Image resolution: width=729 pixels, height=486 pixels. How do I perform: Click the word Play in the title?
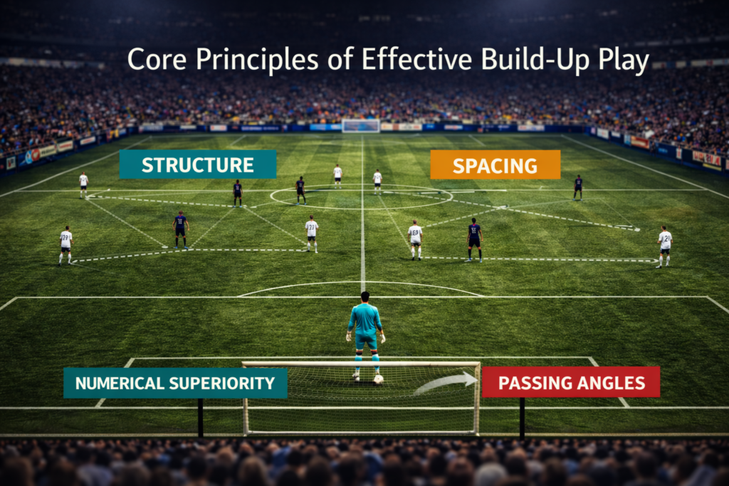click(623, 61)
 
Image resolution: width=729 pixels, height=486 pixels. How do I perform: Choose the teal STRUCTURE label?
click(197, 164)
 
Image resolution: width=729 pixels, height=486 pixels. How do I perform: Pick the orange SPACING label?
click(495, 165)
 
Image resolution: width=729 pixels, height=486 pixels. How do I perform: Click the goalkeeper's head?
click(364, 297)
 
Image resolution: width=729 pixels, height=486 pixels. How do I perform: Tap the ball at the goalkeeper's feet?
click(378, 379)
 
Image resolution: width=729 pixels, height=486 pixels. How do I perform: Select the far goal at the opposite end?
click(360, 125)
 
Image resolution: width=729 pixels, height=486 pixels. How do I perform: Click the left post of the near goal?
click(246, 398)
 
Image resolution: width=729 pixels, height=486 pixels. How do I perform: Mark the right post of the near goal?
click(477, 398)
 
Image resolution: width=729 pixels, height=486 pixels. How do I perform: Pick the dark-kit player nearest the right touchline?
click(578, 186)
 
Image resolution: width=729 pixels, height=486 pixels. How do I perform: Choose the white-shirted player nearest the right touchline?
click(664, 245)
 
